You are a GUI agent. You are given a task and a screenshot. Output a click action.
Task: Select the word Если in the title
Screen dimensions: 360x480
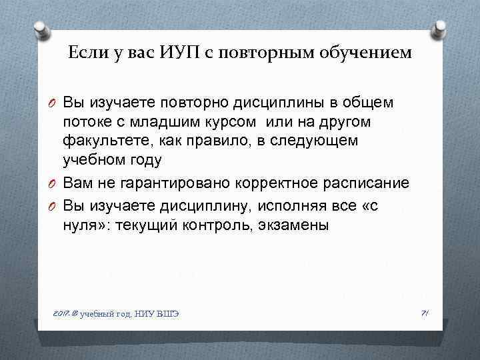84,53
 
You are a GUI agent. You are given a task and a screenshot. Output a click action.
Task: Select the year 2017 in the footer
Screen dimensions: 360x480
59,313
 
